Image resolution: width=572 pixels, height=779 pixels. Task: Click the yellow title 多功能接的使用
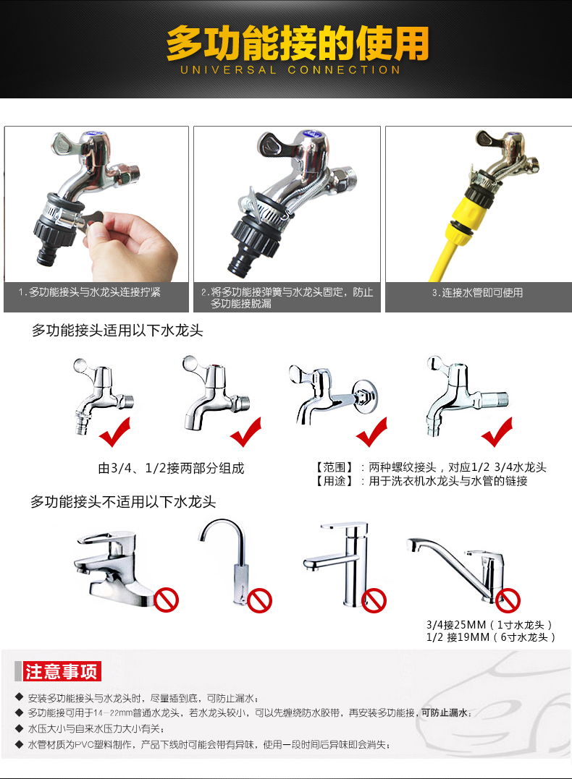pos(298,43)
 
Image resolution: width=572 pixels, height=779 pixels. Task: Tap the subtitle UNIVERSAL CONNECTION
pos(290,70)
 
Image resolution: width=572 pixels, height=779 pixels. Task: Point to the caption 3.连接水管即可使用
pos(477,293)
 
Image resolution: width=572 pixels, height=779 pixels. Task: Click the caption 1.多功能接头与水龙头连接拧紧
pos(90,292)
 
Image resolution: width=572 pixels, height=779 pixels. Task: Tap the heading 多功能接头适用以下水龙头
pos(117,331)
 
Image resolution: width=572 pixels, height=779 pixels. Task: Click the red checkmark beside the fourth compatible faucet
pos(497,432)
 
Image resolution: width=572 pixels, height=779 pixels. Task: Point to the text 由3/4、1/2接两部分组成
pos(171,468)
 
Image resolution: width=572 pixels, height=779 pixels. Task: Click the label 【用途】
pos(334,481)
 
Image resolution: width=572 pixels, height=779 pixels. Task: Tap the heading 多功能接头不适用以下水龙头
pos(123,502)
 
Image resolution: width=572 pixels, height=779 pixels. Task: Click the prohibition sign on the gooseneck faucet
pos(260,600)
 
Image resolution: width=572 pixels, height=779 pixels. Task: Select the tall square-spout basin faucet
pos(337,565)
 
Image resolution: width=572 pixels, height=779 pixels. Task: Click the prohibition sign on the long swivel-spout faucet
pos(508,600)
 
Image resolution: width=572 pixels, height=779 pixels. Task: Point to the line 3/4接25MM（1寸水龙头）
pos(489,624)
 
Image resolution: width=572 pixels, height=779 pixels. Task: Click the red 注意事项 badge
pos(62,671)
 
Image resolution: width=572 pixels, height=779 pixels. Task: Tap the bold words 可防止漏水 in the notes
pos(444,713)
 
